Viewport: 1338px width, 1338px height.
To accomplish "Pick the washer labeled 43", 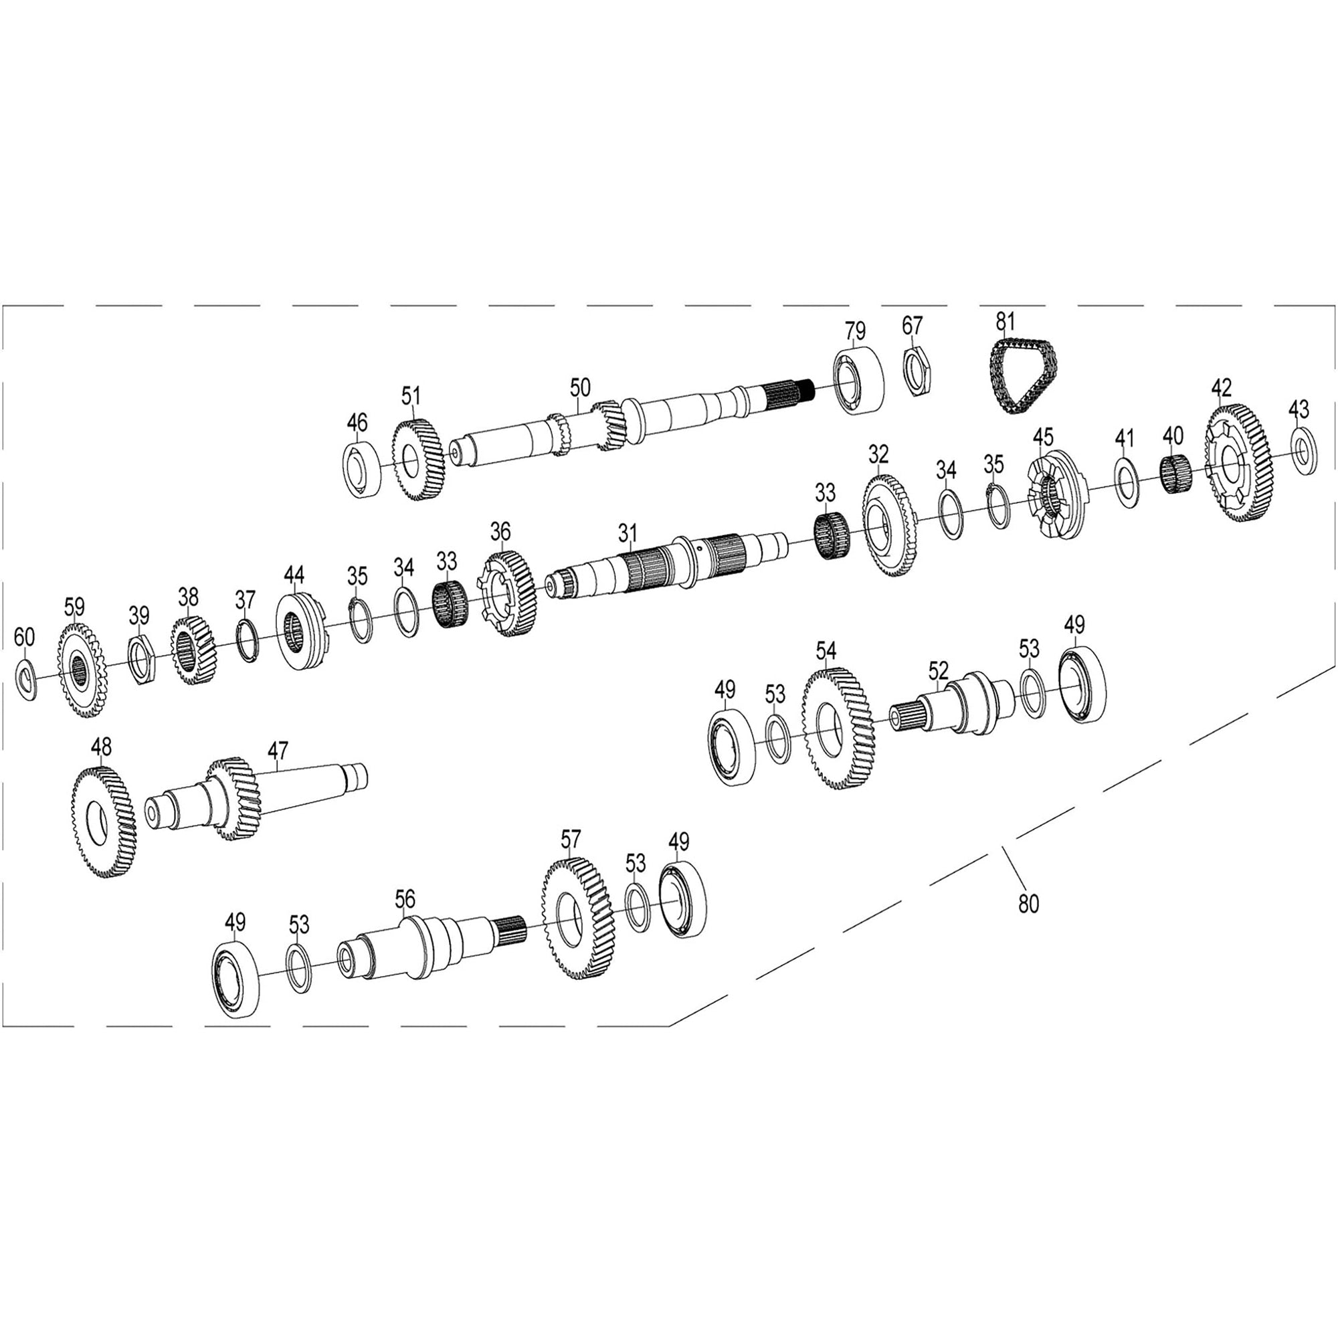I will click(1303, 451).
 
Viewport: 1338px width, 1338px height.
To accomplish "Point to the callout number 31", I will click(628, 533).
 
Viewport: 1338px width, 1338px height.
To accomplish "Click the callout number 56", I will click(405, 899).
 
